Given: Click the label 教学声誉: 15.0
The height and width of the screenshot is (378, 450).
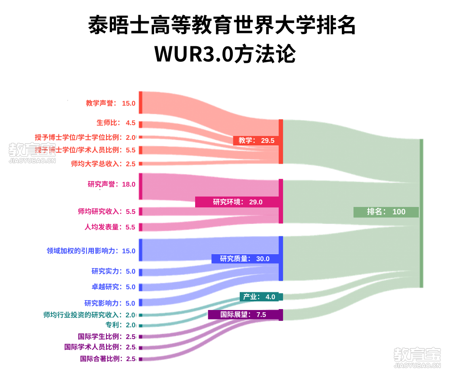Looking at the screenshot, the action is (x=110, y=103).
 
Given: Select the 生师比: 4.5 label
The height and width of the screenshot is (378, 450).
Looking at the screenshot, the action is (x=116, y=123).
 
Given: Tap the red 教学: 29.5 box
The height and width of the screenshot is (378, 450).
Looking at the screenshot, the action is (x=256, y=140).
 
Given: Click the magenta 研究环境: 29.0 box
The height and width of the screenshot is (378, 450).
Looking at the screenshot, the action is (x=237, y=202).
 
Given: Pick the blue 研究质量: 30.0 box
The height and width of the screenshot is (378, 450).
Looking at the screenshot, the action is (x=245, y=258).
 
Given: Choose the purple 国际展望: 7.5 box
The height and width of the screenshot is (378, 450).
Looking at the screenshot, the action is (x=243, y=314).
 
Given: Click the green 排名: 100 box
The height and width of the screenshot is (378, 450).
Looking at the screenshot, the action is (x=386, y=212).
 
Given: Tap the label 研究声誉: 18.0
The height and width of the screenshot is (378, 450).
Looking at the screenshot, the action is (x=111, y=184).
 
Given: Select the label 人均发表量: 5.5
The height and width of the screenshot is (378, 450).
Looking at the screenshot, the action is (x=109, y=227).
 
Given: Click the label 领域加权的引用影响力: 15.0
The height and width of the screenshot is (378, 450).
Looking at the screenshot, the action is (x=91, y=251).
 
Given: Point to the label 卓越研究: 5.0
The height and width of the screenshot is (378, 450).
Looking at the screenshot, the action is (x=113, y=287).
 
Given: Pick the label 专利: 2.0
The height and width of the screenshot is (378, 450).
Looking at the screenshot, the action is (x=121, y=325).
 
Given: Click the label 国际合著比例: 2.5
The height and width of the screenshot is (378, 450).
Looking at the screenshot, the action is (x=108, y=359).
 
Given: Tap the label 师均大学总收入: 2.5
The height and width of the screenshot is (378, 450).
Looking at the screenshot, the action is (x=103, y=164).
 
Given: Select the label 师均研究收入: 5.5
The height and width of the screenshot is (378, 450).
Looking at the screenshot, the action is (x=107, y=211).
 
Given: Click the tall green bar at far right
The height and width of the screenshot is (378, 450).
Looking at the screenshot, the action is (x=421, y=213).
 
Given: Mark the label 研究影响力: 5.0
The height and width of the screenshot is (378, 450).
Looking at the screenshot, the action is (x=109, y=303).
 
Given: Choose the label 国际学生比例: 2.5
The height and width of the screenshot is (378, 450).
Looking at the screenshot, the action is (x=107, y=336).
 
